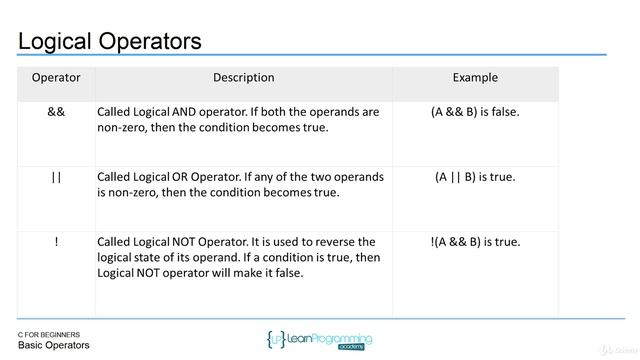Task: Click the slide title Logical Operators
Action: (110, 41)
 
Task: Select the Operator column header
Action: (56, 78)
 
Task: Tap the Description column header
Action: (243, 78)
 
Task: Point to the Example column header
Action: (475, 78)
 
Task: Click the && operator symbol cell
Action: (56, 112)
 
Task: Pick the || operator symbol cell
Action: (56, 177)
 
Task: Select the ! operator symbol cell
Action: (56, 242)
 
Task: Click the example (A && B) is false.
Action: (475, 112)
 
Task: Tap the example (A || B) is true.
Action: (475, 177)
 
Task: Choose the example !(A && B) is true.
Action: (475, 242)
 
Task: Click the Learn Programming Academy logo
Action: (320, 340)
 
